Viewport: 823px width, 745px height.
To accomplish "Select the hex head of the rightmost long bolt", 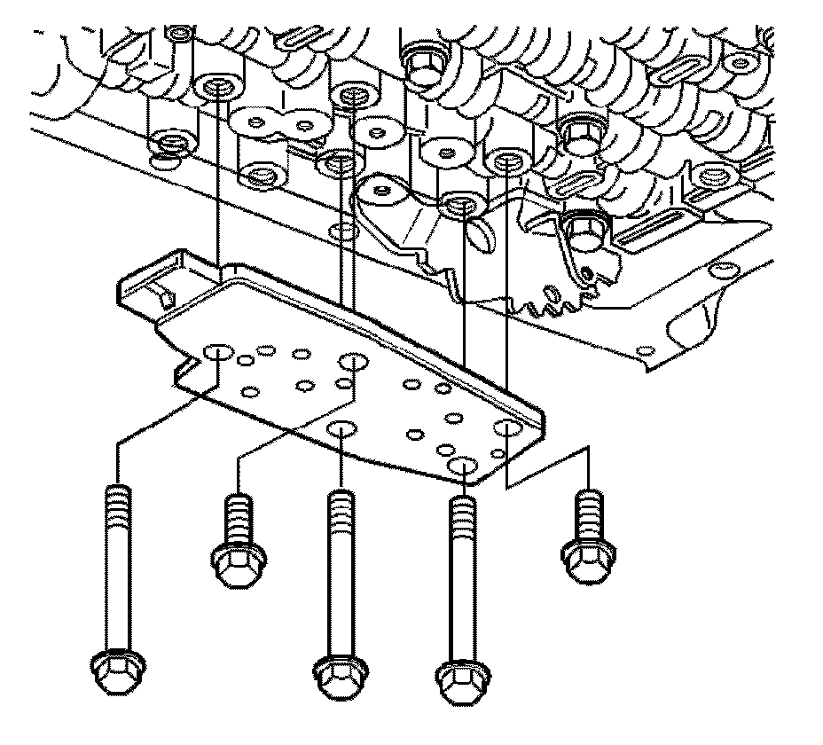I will pos(459,681).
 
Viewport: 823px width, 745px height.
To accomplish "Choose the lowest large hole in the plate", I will pos(462,466).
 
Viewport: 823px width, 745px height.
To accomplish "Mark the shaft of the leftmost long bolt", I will pos(116,585).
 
